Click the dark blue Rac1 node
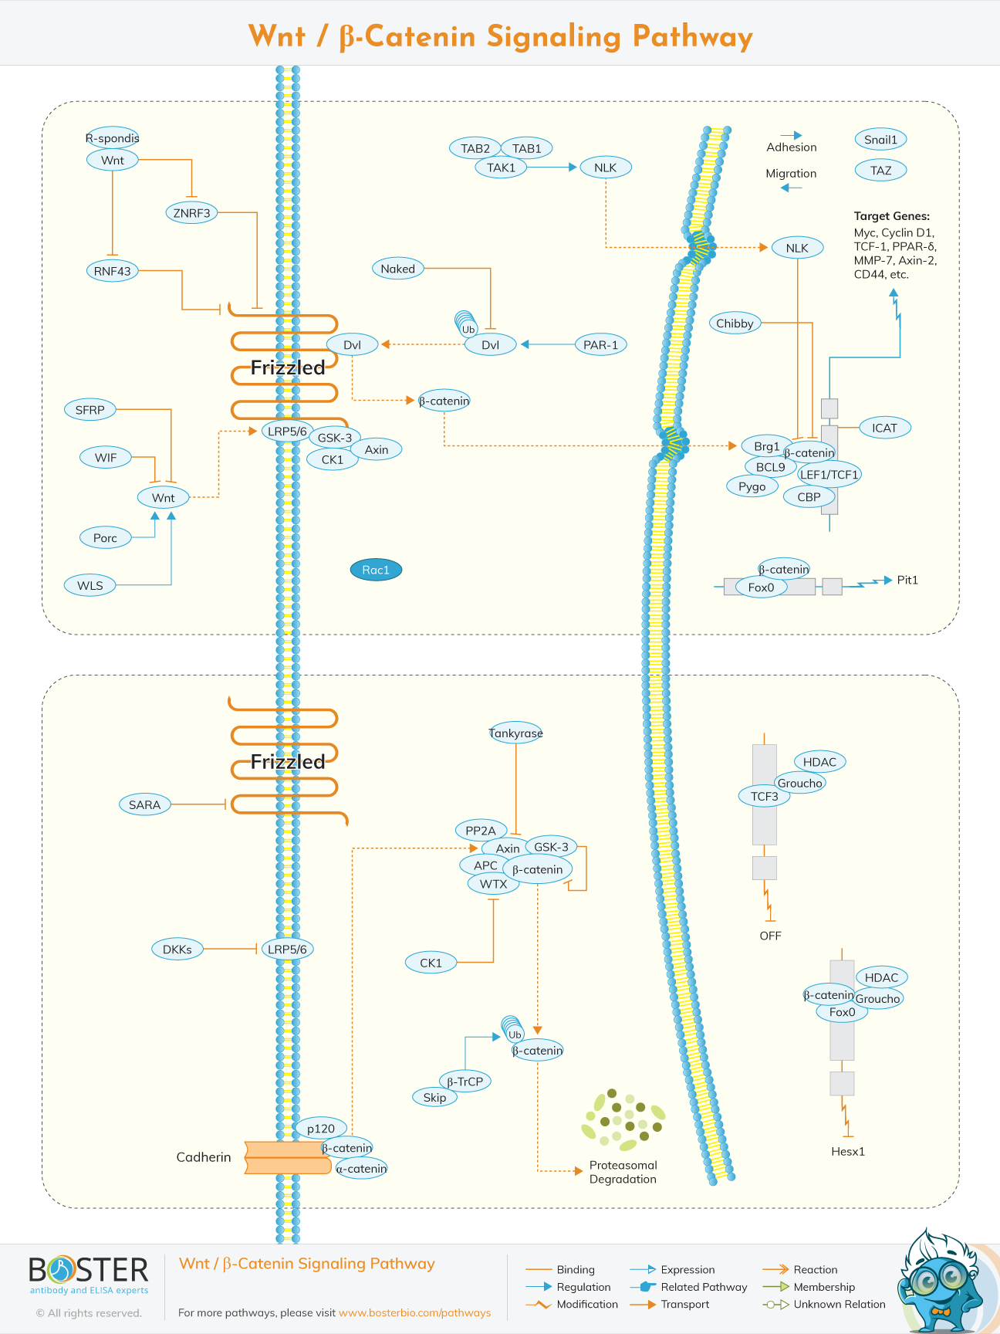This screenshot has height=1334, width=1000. [x=376, y=570]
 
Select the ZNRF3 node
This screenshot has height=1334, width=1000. [x=191, y=212]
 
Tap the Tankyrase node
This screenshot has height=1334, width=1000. [x=515, y=733]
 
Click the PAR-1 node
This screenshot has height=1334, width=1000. [x=600, y=344]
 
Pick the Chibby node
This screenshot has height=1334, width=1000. [x=735, y=323]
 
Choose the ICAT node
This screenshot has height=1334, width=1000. [x=884, y=428]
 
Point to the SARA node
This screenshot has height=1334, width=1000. [x=144, y=804]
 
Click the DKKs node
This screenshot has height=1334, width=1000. [x=177, y=949]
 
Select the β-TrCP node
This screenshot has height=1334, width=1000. [x=465, y=1081]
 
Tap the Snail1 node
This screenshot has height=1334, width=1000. [x=880, y=140]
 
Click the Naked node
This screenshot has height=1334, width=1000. [x=397, y=269]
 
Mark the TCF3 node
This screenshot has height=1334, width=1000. [x=764, y=796]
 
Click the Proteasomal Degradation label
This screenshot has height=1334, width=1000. [x=623, y=1172]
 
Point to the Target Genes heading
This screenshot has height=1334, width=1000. [x=891, y=216]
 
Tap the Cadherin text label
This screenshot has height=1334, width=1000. [x=203, y=1156]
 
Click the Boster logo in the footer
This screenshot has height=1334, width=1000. [x=88, y=1275]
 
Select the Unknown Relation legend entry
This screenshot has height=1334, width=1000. [x=839, y=1304]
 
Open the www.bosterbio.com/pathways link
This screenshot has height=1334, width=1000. [x=414, y=1312]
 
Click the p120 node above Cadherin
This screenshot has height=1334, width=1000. [x=321, y=1128]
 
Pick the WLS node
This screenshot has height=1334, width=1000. [x=90, y=585]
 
